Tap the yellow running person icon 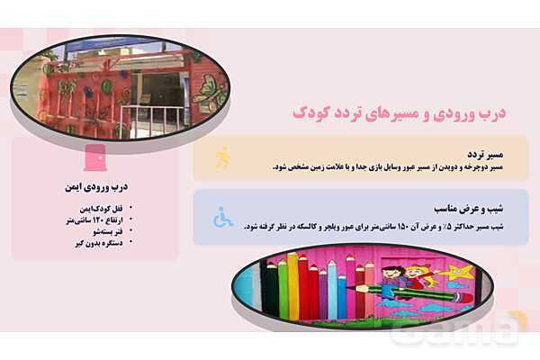(222, 158)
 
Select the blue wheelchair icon (222, 217)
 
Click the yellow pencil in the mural (294, 288)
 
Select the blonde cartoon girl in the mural (416, 274)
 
